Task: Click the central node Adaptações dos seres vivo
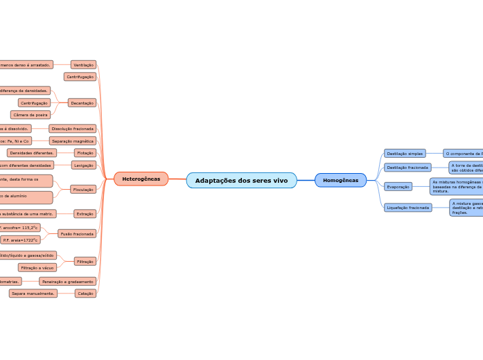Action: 241,180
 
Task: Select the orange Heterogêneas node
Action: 141,179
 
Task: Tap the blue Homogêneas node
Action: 340,180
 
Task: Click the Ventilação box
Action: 83,64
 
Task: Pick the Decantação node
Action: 82,102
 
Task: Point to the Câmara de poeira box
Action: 30,115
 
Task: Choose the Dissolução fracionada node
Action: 72,129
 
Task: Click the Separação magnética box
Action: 72,141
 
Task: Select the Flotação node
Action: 85,152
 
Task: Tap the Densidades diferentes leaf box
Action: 32,152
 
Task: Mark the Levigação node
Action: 83,165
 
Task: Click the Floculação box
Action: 83,189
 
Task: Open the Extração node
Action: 85,214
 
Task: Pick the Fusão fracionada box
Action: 76,234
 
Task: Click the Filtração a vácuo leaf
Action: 37,267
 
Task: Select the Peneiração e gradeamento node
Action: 67,282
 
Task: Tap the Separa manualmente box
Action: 33,294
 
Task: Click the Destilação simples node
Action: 405,153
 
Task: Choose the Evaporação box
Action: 398,186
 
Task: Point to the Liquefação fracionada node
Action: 408,207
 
